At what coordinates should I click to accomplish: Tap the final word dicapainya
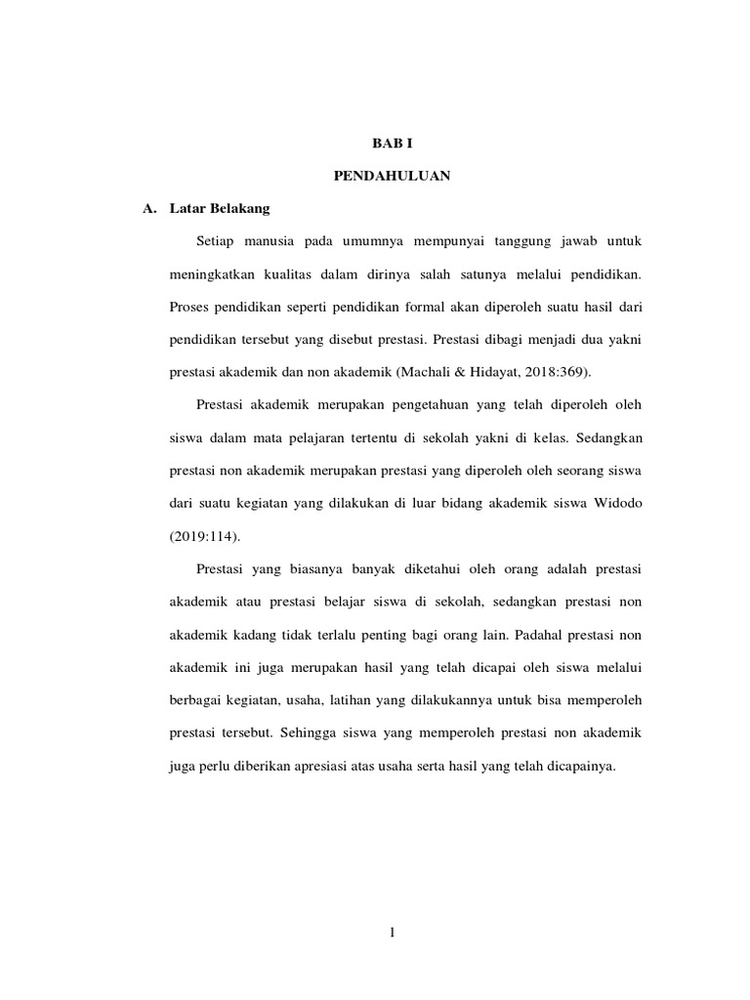(x=577, y=768)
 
